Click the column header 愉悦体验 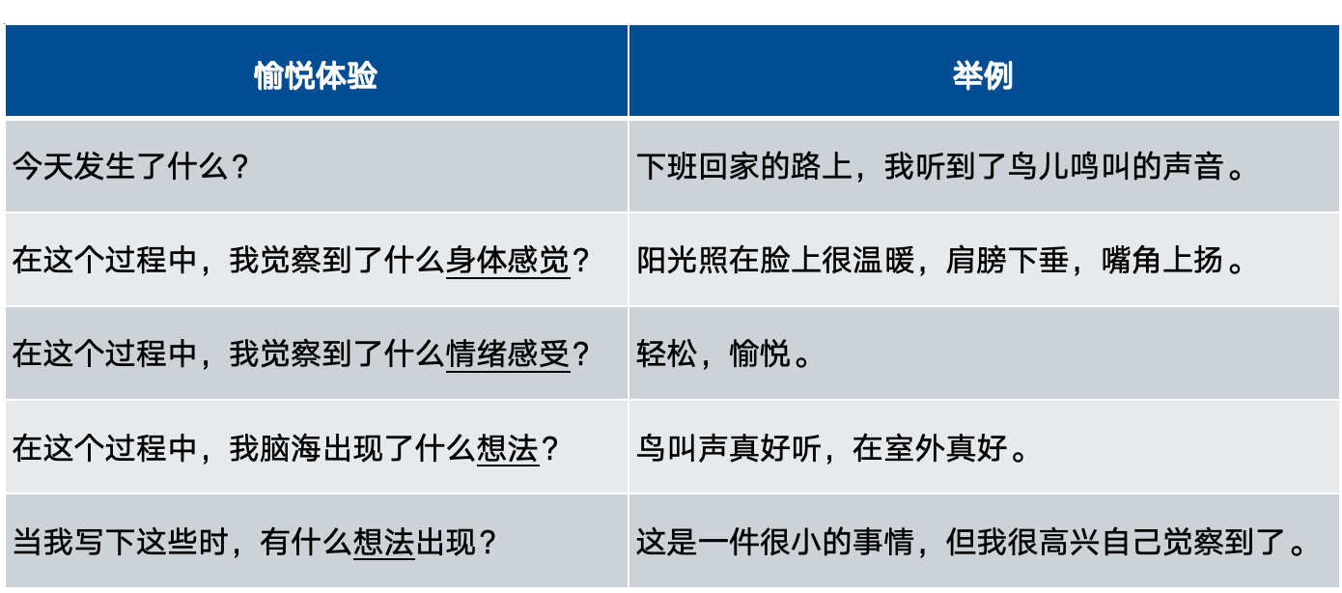tap(316, 76)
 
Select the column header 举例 tap(983, 76)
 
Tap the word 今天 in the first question tap(43, 166)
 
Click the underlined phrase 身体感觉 tap(508, 260)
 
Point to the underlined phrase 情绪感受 tap(508, 353)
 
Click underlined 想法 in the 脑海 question tap(508, 448)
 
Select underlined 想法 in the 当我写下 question tap(384, 542)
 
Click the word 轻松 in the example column tap(667, 353)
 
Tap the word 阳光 tap(667, 260)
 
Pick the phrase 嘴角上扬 tap(1162, 260)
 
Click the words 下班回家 tap(698, 166)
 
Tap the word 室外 tap(915, 448)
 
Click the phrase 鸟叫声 tap(683, 448)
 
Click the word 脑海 tap(292, 448)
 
